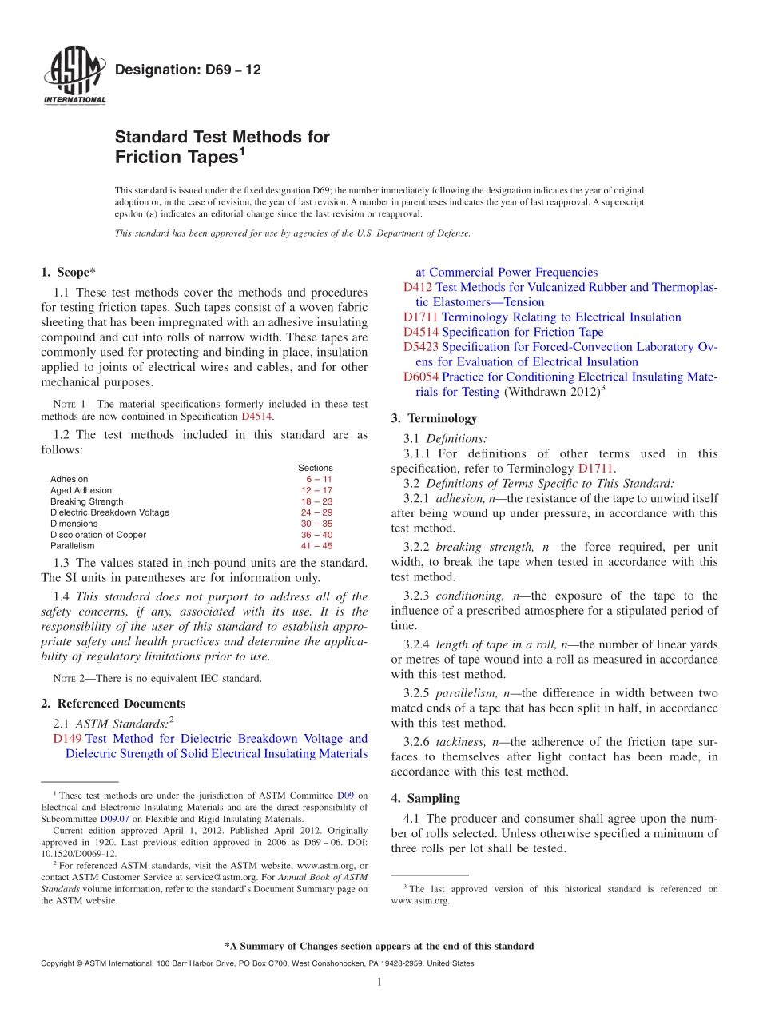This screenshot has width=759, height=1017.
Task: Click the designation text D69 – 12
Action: coord(188,70)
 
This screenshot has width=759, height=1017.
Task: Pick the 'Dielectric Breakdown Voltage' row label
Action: coord(109,512)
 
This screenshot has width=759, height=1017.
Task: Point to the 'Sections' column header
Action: coord(316,468)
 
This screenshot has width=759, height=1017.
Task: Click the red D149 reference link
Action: coord(67,739)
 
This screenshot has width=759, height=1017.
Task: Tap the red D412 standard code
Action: coord(418,287)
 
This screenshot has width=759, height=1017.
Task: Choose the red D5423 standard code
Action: coord(420,347)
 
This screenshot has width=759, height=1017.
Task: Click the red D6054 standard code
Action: coord(420,377)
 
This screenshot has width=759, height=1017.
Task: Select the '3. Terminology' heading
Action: coord(434,418)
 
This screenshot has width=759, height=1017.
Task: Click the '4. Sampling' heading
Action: coord(425,798)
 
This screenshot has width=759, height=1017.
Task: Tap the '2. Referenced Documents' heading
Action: coord(113,704)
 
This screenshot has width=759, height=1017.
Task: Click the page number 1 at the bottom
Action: coord(379,982)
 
